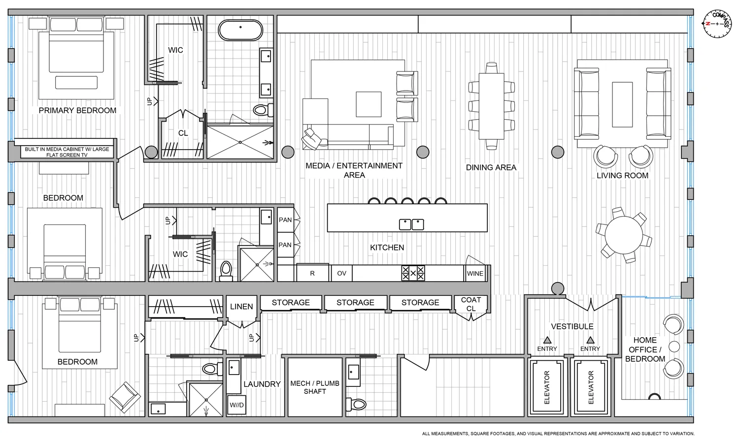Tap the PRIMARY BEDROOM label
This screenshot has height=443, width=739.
(77, 110)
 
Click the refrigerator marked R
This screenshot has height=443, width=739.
(312, 273)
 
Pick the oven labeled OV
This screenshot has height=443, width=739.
(341, 273)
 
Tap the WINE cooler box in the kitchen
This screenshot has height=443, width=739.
(475, 273)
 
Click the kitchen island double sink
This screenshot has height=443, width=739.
(411, 224)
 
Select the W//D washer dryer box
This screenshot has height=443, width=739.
(236, 405)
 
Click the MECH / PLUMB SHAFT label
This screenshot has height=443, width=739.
(314, 387)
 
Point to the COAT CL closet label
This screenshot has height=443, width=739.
(471, 304)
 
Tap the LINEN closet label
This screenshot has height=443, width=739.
(241, 306)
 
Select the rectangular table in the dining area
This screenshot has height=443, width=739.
(491, 106)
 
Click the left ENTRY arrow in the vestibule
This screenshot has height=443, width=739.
(547, 340)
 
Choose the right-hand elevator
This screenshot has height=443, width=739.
(590, 387)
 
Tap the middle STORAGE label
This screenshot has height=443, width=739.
(355, 302)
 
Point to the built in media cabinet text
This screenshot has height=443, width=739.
(67, 152)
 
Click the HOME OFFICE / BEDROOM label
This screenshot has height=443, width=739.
(645, 349)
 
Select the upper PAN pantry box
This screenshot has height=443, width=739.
(285, 220)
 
